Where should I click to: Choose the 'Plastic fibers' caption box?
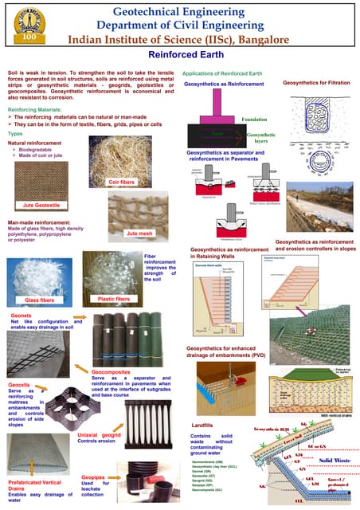click(x=113, y=299)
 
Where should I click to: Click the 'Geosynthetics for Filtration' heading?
click(x=316, y=83)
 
